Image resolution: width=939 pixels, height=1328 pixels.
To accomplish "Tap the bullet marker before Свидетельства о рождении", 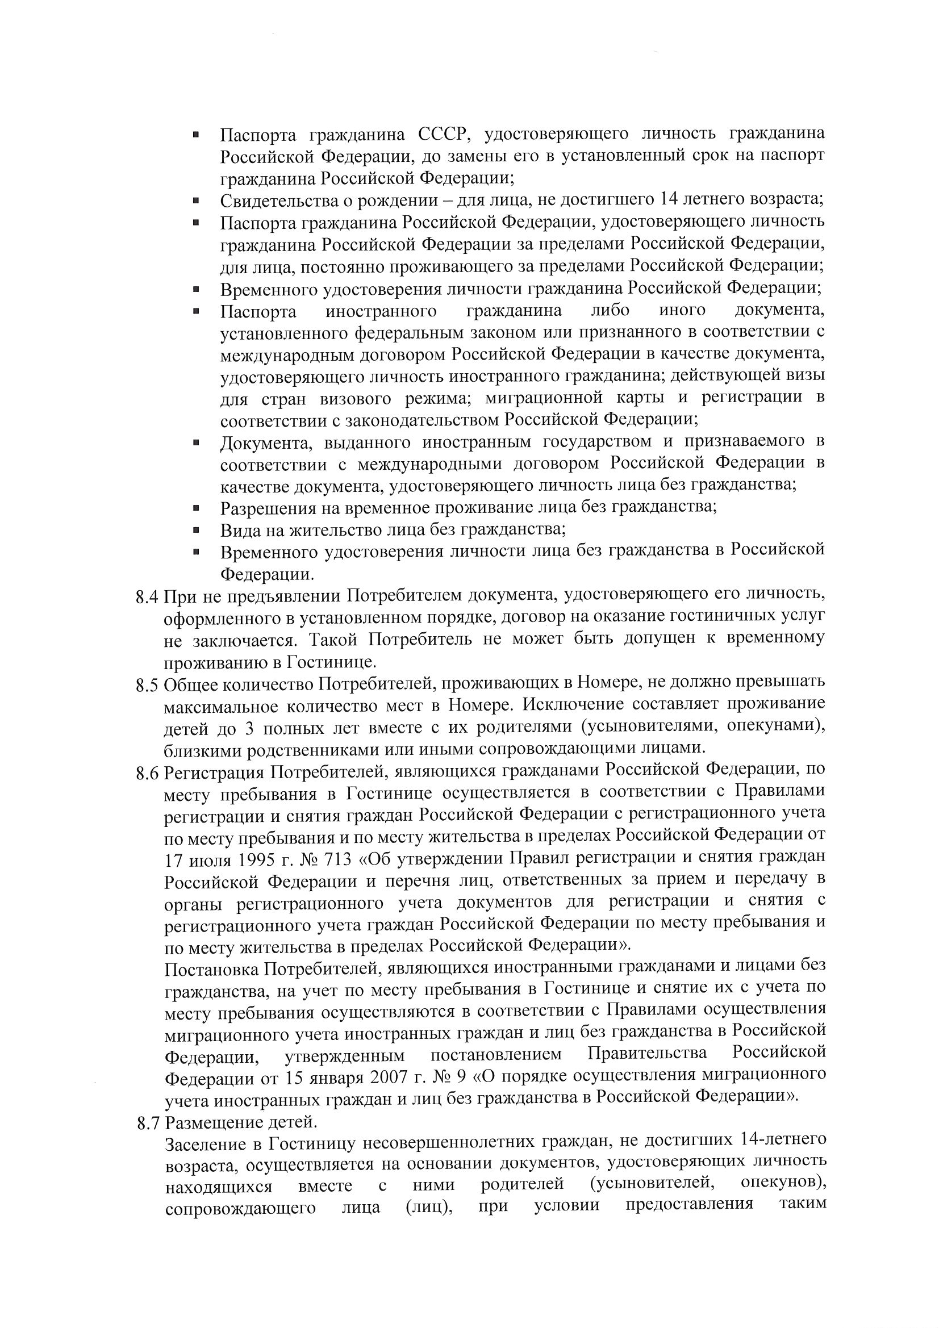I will tap(196, 201).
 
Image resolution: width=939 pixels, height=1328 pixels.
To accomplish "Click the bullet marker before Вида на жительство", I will tap(196, 530).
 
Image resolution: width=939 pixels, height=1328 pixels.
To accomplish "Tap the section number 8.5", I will tap(148, 686).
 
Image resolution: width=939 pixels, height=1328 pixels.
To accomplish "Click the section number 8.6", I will tap(148, 773).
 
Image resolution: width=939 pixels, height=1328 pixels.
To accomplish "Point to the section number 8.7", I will tap(149, 1124).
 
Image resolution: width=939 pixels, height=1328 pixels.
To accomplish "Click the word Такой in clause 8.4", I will tap(335, 640).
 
